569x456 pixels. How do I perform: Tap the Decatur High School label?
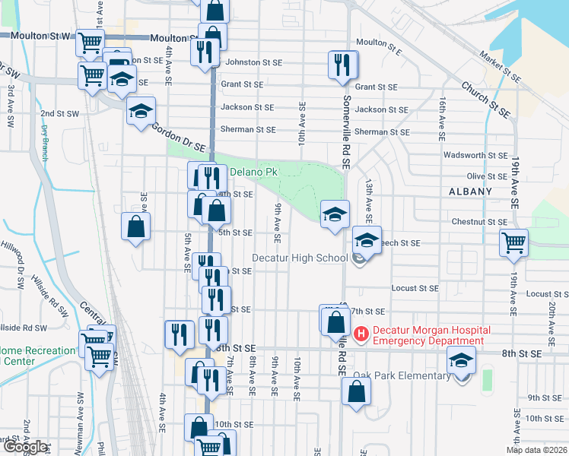point(310,258)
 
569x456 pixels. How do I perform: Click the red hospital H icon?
point(361,333)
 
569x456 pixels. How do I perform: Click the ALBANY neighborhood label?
point(470,192)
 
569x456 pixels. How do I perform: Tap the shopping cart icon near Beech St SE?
point(513,242)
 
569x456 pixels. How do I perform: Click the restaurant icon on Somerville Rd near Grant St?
point(342,65)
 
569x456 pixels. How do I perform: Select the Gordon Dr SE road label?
point(178,137)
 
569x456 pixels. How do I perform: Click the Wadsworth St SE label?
point(475,155)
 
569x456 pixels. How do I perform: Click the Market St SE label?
point(499,66)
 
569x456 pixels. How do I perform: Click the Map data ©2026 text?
point(536,450)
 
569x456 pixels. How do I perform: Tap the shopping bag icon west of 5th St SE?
point(135,226)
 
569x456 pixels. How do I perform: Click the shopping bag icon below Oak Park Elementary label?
point(355,391)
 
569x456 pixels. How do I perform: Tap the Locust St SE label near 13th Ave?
point(415,288)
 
